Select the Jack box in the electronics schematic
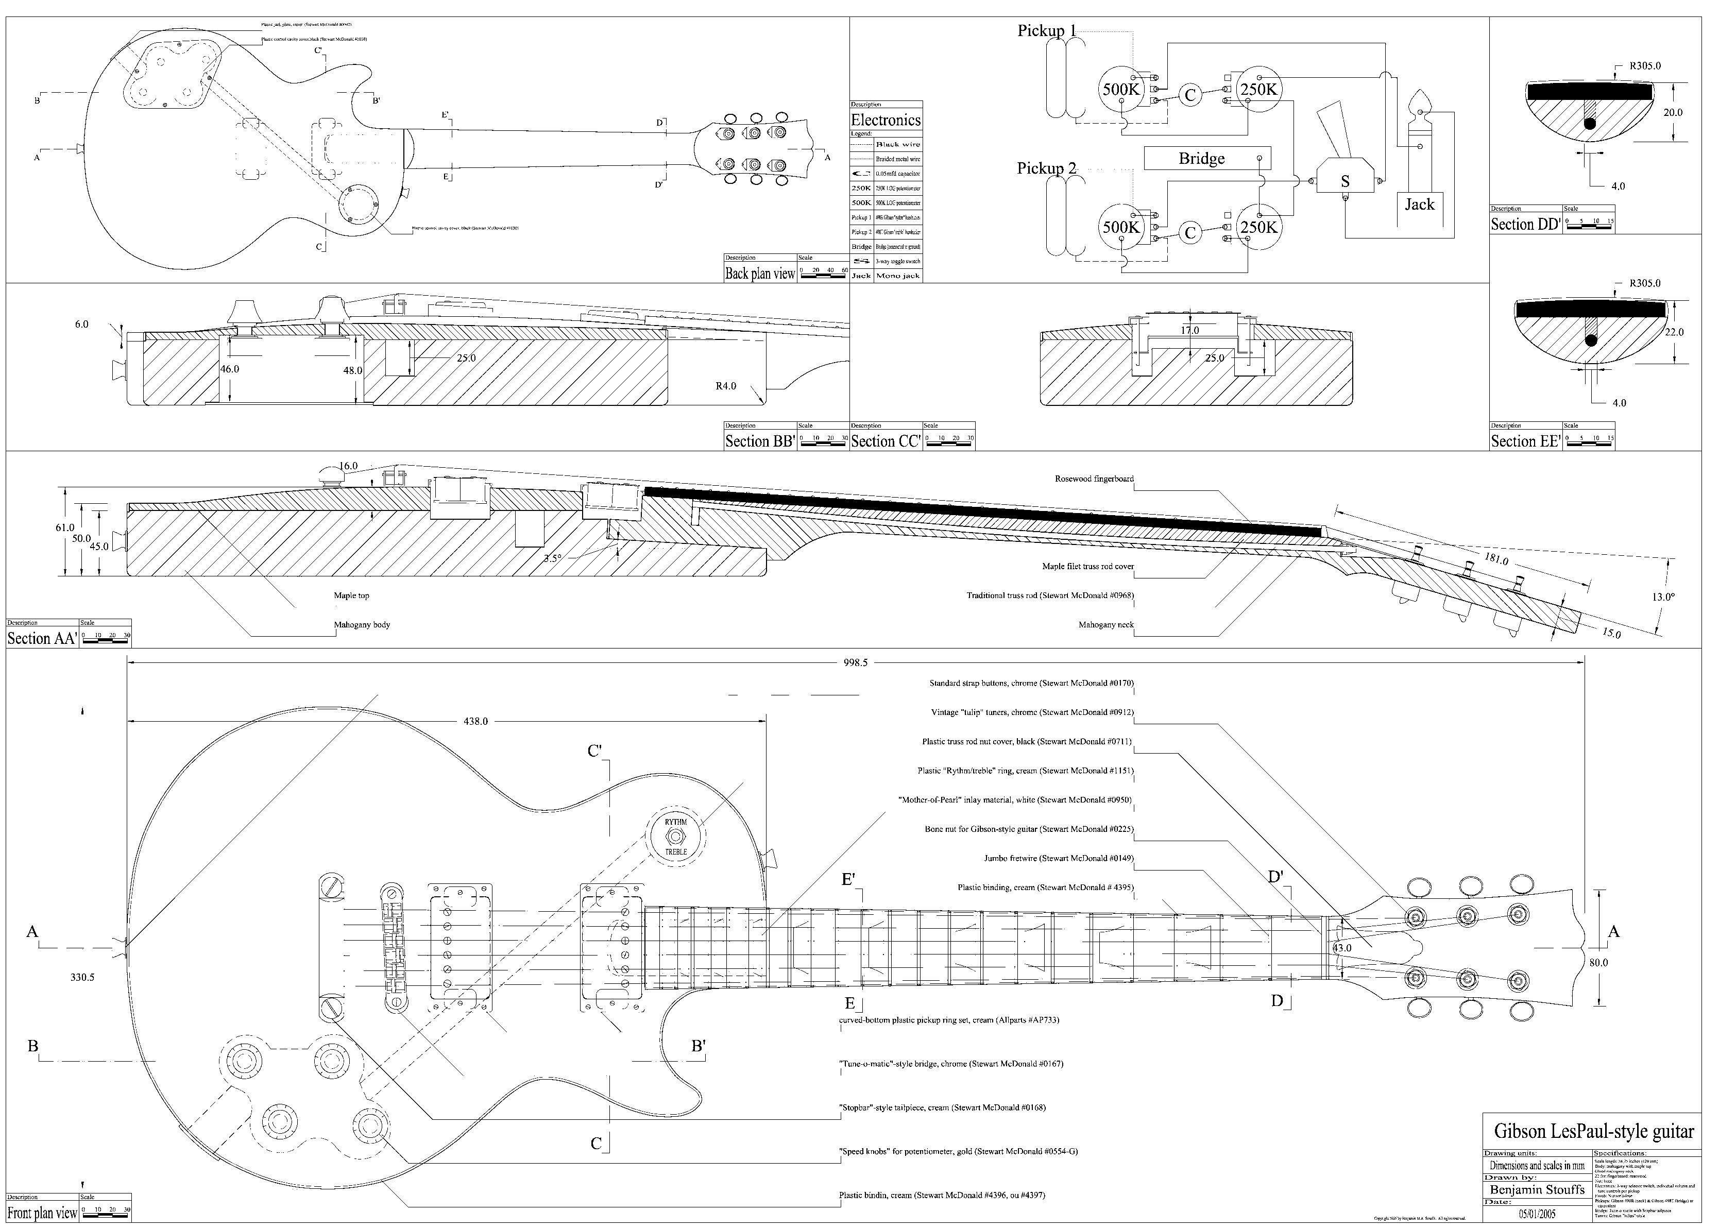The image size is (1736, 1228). click(x=1419, y=204)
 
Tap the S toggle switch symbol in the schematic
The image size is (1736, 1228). click(x=1344, y=181)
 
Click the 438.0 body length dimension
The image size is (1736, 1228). click(x=475, y=721)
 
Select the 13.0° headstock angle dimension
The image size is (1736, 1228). click(x=1663, y=596)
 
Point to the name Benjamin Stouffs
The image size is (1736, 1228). click(x=1537, y=1189)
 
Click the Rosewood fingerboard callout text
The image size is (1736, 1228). click(x=1094, y=479)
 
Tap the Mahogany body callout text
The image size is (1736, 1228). click(x=362, y=625)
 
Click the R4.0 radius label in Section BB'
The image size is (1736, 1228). click(x=725, y=386)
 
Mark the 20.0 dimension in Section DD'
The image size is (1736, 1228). click(x=1673, y=113)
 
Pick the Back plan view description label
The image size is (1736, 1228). click(x=760, y=274)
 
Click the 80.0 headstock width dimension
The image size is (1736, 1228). click(x=1598, y=963)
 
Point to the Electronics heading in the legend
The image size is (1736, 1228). click(x=886, y=120)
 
